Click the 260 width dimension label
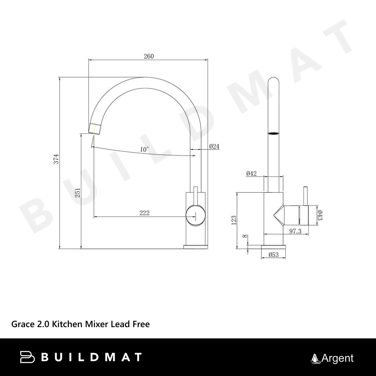tap(149, 56)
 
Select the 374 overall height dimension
tap(56, 159)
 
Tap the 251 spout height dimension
tap(78, 193)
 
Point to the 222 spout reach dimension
tap(144, 213)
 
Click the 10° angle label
tap(144, 150)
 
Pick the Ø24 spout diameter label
tap(214, 146)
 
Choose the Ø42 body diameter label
tap(251, 173)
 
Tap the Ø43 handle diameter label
tap(320, 215)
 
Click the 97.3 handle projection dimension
tap(295, 231)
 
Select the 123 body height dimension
tap(234, 220)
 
